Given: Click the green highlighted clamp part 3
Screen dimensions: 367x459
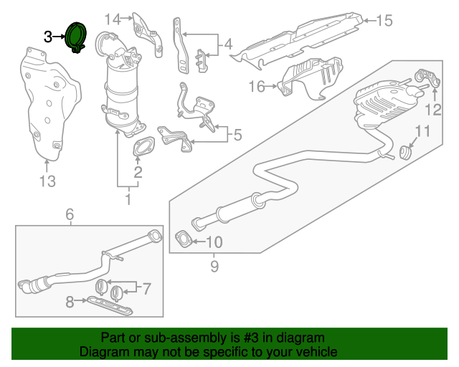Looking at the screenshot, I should pyautogui.click(x=75, y=38).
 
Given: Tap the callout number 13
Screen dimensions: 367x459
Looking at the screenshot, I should pyautogui.click(x=47, y=181).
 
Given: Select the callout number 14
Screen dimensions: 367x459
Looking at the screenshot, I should pyautogui.click(x=113, y=19).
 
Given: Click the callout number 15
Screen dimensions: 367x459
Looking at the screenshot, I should pyautogui.click(x=385, y=21).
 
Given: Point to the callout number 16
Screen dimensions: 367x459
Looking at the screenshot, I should pyautogui.click(x=257, y=87).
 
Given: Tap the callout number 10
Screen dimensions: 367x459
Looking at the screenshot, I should pyautogui.click(x=215, y=242).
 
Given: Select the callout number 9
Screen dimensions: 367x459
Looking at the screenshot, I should pyautogui.click(x=213, y=267).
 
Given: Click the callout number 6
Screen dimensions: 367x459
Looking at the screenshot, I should pyautogui.click(x=70, y=214).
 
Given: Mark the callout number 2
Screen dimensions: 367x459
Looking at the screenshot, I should pyautogui.click(x=137, y=172).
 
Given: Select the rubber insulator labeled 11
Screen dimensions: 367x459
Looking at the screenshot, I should pyautogui.click(x=405, y=152).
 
